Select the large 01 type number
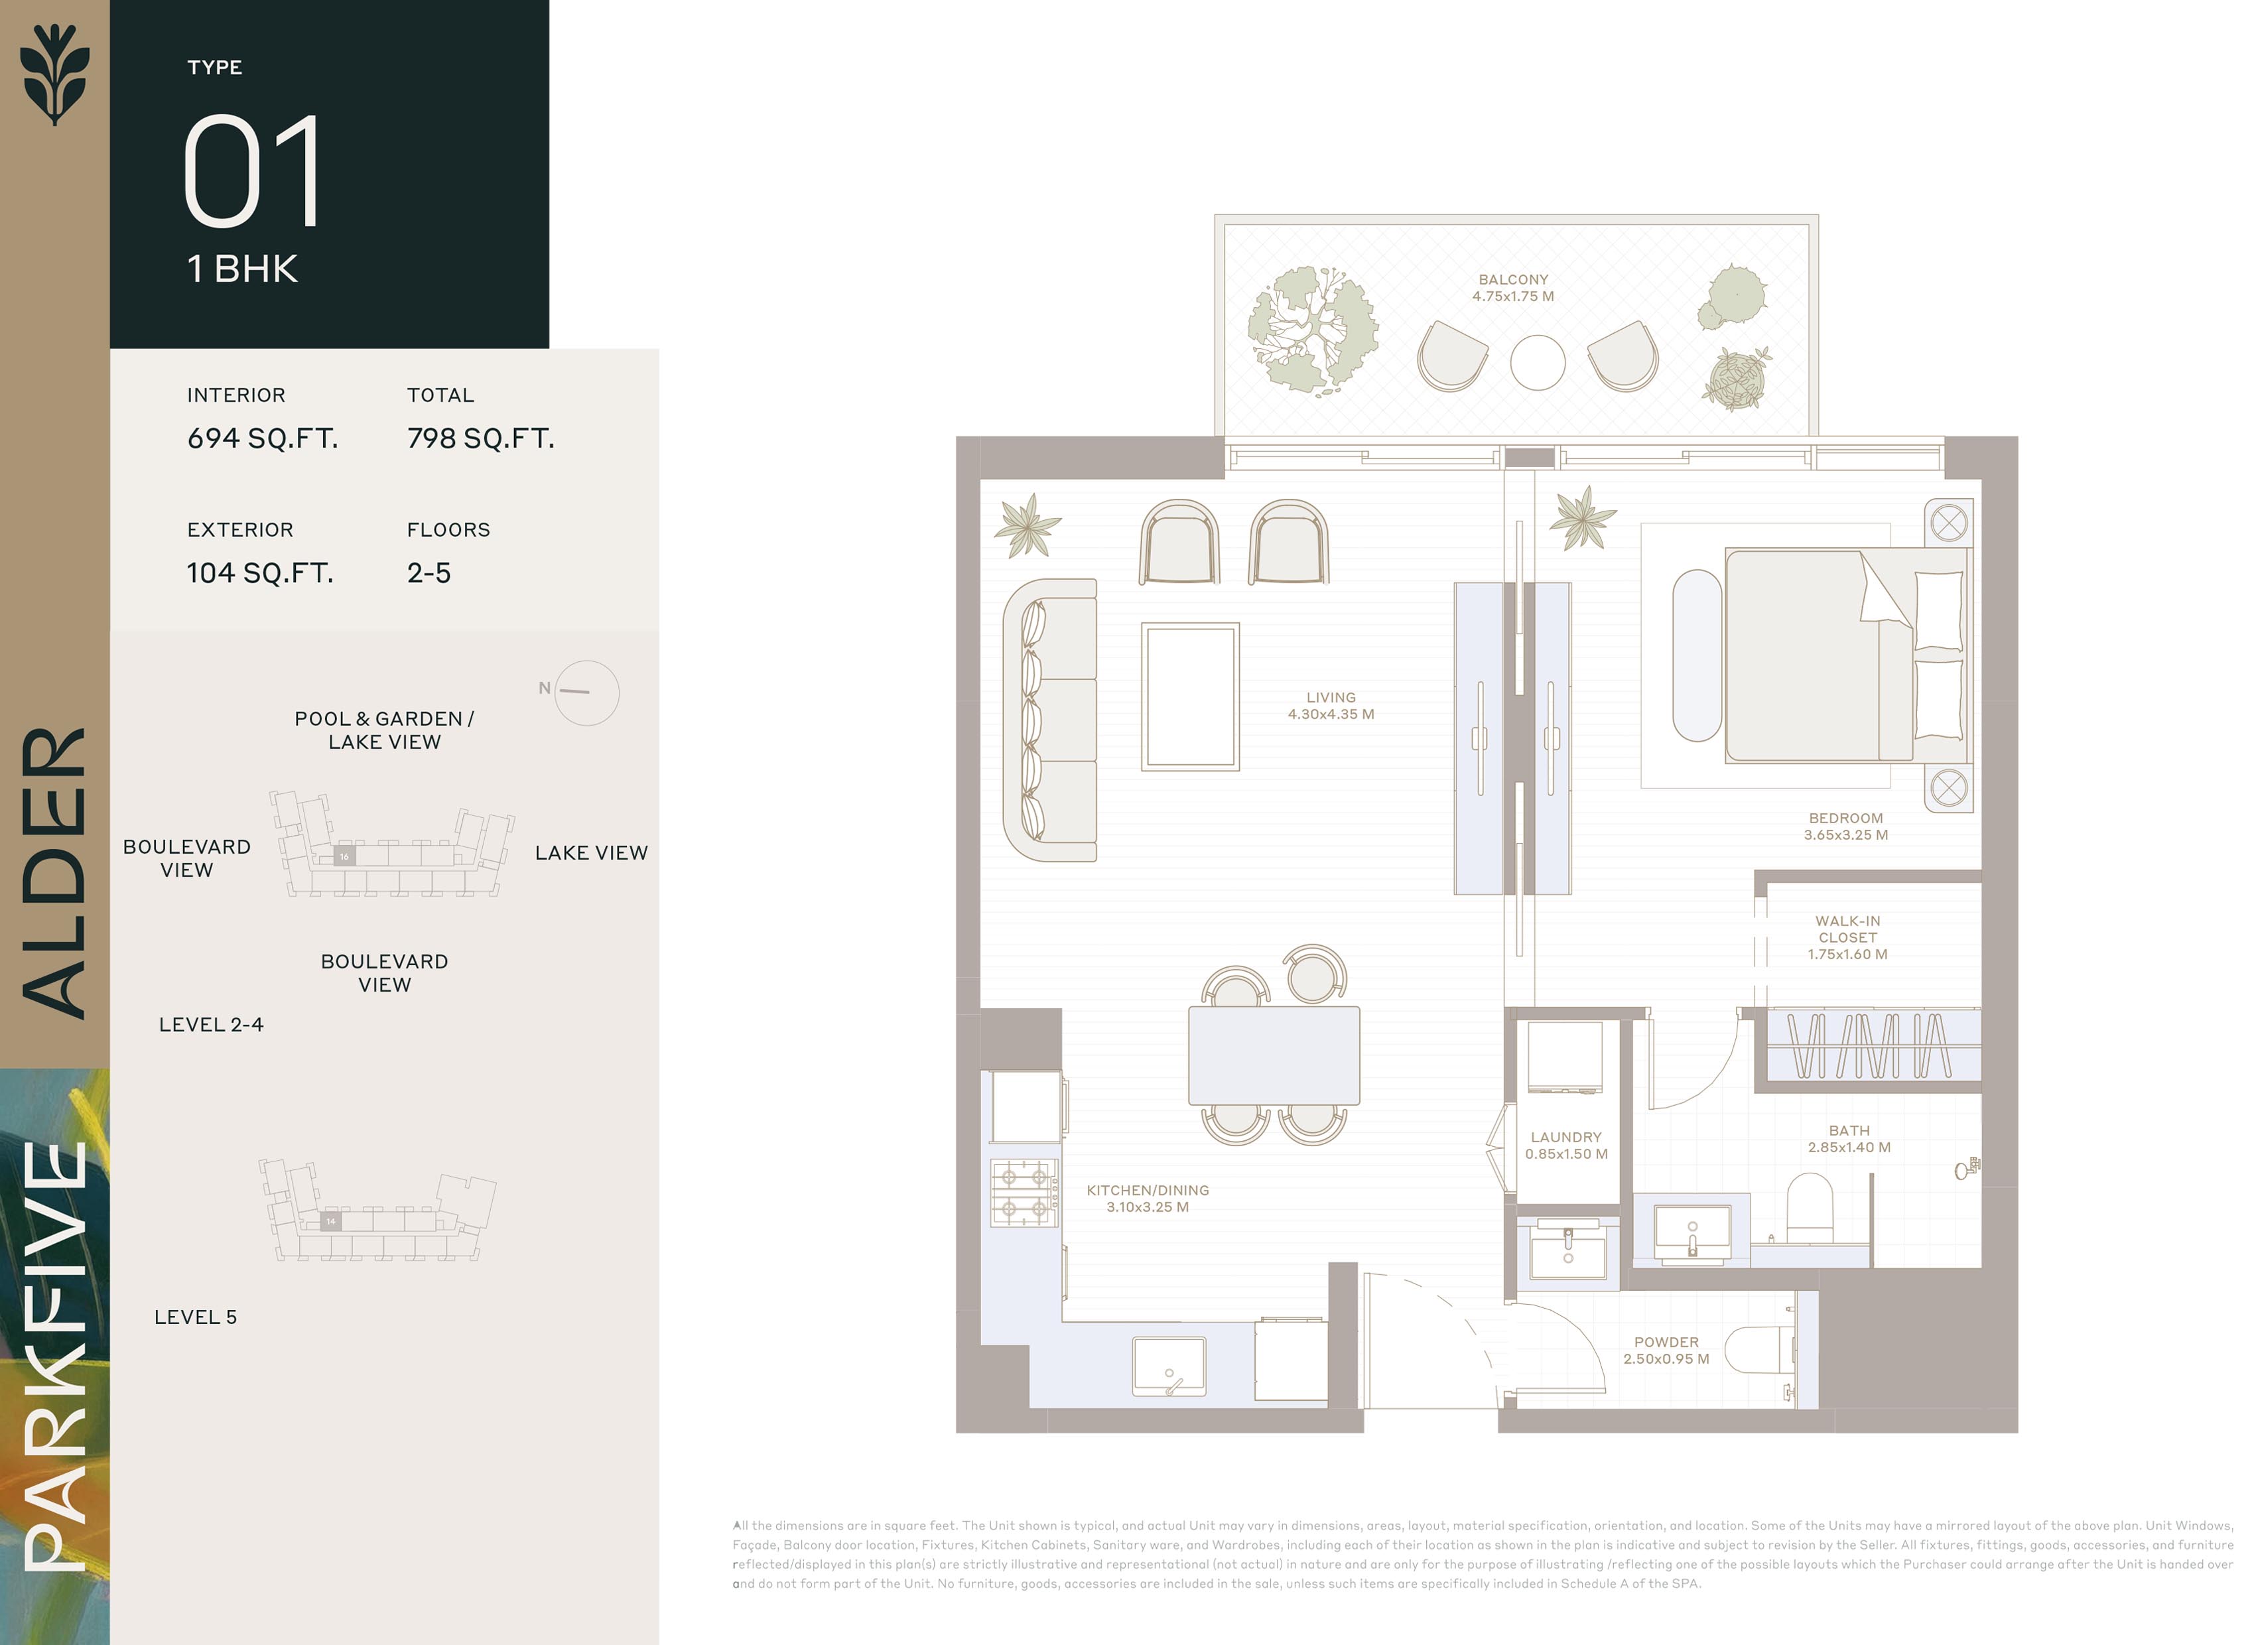coord(253,170)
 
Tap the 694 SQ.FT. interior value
coord(263,438)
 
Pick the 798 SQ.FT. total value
coord(481,438)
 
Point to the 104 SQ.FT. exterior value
coord(260,572)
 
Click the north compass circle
coord(586,693)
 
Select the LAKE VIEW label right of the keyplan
coord(592,852)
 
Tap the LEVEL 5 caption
coord(195,1317)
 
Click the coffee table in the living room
coord(1190,697)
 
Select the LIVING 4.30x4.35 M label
coord(1331,706)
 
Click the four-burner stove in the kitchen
coord(1024,1192)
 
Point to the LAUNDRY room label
coord(1566,1145)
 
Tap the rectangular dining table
coord(1274,1055)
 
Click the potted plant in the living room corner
coord(1026,524)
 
